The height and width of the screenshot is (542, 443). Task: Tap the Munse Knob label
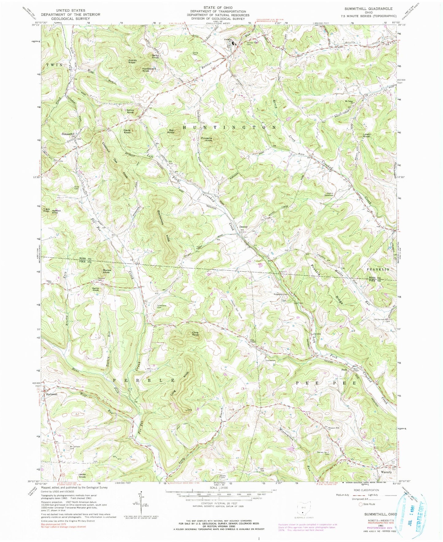[106, 271]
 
